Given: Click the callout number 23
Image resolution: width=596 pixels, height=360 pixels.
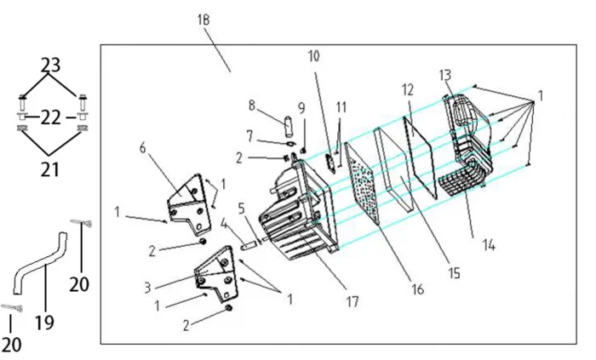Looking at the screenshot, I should coord(51,65).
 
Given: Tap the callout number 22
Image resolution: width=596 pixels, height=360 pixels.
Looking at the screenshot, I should coord(51,117).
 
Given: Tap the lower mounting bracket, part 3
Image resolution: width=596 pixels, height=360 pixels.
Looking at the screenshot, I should coord(215,271).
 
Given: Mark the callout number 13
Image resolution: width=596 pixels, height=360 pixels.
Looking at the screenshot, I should coord(445,75).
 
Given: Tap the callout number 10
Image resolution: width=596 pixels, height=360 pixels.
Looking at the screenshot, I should coord(314,57).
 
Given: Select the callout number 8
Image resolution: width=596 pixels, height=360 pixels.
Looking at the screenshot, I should coord(252,105).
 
